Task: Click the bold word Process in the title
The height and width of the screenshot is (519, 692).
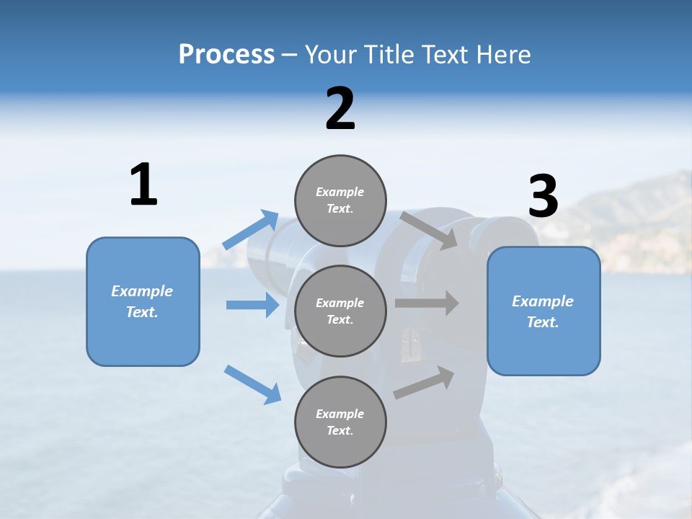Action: [226, 55]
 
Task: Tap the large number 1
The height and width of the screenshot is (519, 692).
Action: [143, 185]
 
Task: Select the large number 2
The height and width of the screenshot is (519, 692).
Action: [340, 109]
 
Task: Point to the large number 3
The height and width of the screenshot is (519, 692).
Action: [544, 197]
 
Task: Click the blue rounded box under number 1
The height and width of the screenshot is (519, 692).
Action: [143, 301]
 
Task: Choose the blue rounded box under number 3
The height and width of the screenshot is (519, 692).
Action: [544, 311]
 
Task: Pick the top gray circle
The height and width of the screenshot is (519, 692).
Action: [340, 200]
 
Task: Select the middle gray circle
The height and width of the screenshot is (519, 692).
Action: [340, 311]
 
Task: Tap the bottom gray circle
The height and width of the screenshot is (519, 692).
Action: [340, 422]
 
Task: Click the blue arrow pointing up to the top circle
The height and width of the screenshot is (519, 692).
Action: [251, 230]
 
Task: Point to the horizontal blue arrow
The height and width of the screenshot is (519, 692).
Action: [252, 305]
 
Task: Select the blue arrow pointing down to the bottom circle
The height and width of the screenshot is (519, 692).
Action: [252, 384]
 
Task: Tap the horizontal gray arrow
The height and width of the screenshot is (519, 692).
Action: [427, 303]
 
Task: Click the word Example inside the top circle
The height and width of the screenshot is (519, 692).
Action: [340, 192]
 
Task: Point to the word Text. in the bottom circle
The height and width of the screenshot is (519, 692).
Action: [340, 430]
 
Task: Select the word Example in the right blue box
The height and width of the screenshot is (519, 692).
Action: [543, 301]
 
